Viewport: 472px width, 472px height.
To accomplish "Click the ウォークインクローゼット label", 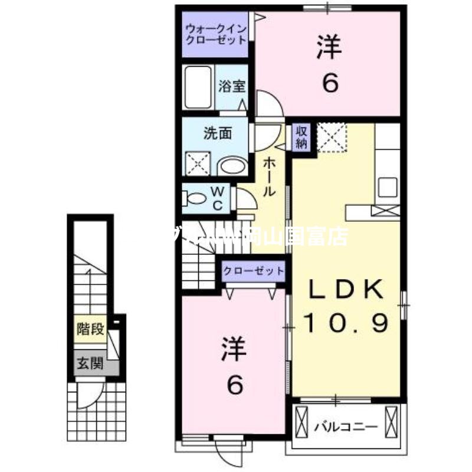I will point(215,35).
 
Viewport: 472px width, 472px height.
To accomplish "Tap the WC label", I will point(217,198).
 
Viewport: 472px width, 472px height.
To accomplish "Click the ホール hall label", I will point(268,176).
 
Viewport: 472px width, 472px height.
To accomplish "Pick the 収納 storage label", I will point(301,137).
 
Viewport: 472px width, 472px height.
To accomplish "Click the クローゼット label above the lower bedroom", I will point(253,271).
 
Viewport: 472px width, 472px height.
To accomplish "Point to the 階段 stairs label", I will point(90,329).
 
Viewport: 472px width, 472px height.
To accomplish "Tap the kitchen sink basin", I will point(388,188).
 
